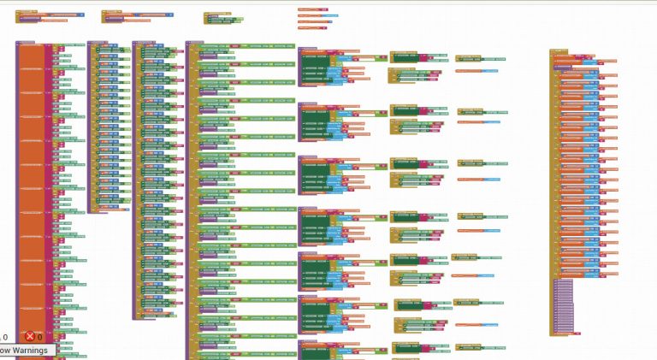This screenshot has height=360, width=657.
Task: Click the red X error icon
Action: tap(30, 337)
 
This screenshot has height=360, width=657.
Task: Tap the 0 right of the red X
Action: tap(39, 338)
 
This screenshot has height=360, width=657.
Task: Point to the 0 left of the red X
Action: tap(5, 338)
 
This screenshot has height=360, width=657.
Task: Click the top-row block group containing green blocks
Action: tap(222, 18)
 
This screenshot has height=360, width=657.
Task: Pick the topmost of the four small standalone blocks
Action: tap(312, 9)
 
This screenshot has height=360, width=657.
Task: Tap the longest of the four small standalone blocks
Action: tap(317, 19)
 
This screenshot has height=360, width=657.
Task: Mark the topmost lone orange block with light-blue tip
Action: tap(475, 72)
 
